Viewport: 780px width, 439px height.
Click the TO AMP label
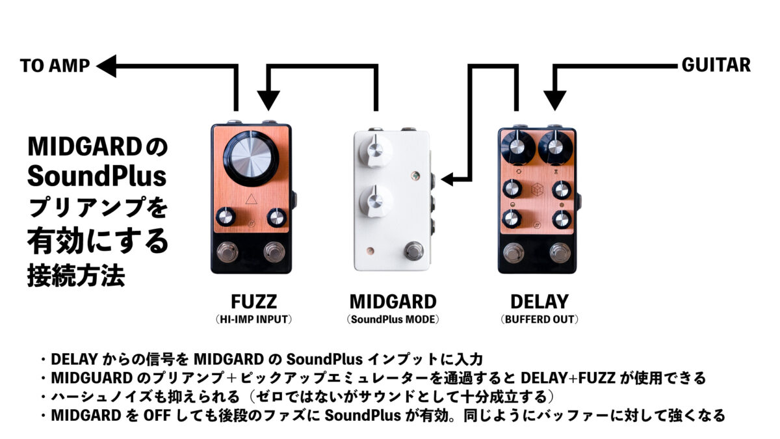point(55,66)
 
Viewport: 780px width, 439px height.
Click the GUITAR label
point(716,65)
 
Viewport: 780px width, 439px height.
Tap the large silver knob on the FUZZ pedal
point(251,159)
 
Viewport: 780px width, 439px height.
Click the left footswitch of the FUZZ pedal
point(227,252)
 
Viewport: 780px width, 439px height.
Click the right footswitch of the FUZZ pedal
point(274,252)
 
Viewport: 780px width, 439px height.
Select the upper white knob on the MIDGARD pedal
point(376,150)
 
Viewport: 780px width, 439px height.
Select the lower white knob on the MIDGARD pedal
point(376,201)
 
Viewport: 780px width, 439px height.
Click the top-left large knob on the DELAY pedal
point(518,148)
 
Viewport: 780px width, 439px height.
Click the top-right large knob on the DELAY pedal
point(555,148)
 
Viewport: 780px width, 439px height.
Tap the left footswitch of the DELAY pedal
point(513,253)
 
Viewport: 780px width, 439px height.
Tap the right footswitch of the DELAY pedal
point(560,253)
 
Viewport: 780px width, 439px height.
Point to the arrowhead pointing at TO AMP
point(107,66)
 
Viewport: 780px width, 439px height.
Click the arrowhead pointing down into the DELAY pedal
point(554,101)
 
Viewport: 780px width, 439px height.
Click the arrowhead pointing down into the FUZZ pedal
point(268,101)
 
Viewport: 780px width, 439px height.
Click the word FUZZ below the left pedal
point(254,302)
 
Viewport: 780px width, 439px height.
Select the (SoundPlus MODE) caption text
point(393,319)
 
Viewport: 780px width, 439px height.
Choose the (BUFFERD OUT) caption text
point(539,319)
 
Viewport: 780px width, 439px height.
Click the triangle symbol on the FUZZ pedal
point(251,200)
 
